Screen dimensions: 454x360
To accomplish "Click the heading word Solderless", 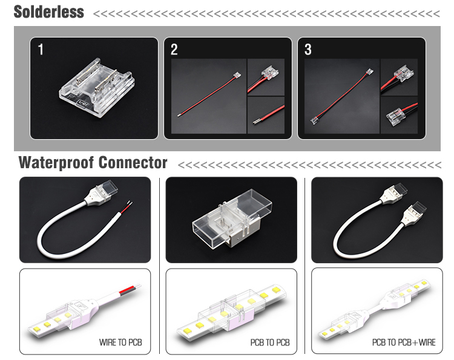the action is tap(48, 12).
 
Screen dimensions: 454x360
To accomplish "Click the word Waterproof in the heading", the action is tap(56, 163).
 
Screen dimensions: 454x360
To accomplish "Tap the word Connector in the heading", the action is tap(133, 162).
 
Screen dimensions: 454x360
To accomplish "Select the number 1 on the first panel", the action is tap(41, 50).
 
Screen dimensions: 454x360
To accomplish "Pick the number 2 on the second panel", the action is tap(174, 50).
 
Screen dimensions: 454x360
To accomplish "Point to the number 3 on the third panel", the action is tap(308, 50).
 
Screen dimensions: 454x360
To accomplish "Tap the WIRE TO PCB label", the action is tap(120, 342).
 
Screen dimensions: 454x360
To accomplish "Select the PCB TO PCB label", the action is tap(270, 342).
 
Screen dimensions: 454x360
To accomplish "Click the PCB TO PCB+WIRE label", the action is tap(404, 342).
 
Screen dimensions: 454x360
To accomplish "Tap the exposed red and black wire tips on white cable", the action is tap(127, 206).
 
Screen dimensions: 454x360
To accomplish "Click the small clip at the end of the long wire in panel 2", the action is tap(237, 75).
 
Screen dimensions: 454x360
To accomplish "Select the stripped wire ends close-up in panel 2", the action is tap(266, 115).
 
